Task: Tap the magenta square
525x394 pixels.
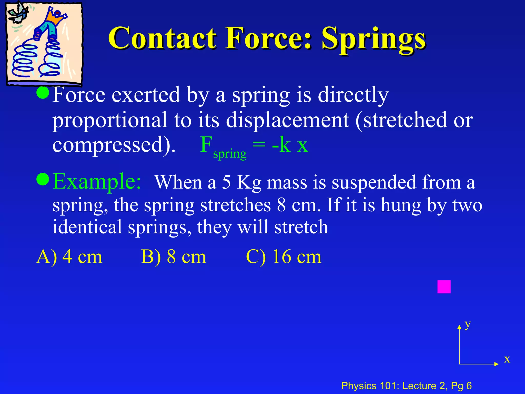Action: pos(444,287)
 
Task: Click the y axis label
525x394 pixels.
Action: pos(468,325)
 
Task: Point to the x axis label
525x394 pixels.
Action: pos(507,359)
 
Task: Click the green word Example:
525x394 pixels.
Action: pos(97,182)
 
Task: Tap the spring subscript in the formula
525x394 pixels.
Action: pos(230,154)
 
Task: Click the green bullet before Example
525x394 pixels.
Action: pos(43,179)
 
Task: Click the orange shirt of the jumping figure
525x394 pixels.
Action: pos(55,18)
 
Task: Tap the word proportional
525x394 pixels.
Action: pos(110,120)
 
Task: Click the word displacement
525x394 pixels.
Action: pos(287,120)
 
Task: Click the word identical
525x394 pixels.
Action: pos(87,227)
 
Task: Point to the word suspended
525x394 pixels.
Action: pos(374,183)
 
